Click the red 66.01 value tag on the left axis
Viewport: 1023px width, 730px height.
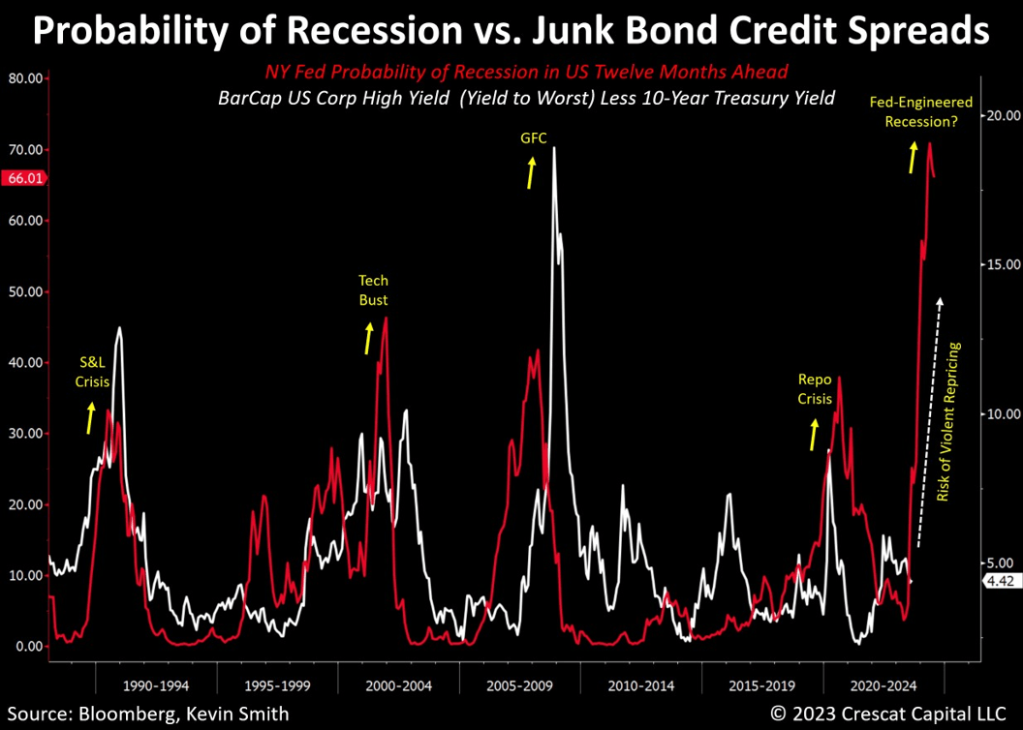tap(23, 178)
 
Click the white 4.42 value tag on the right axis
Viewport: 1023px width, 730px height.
tap(998, 581)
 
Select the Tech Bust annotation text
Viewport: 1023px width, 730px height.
tap(373, 290)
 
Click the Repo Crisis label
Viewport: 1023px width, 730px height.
tap(815, 389)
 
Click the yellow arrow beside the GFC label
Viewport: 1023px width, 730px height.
tap(531, 174)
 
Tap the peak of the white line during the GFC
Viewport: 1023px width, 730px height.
tap(554, 148)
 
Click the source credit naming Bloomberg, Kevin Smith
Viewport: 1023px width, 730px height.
tap(145, 714)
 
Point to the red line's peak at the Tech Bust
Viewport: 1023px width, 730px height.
tap(386, 318)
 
